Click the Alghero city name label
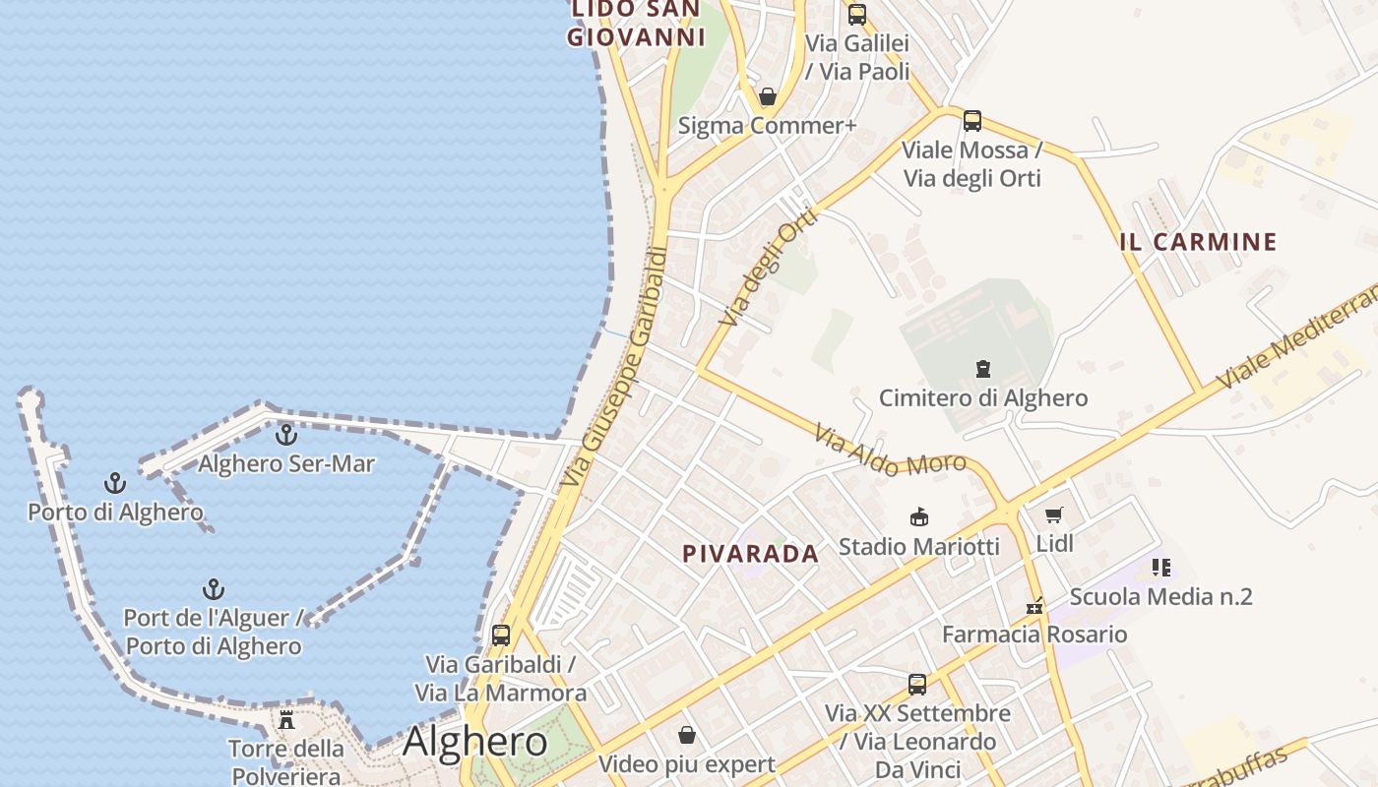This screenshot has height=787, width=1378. [x=474, y=741]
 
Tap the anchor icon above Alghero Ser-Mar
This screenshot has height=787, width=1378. [x=286, y=434]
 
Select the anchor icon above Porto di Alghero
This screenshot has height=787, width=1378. [x=115, y=483]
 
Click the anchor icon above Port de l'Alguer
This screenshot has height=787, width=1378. [x=213, y=589]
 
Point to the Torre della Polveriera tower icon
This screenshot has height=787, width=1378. [x=286, y=720]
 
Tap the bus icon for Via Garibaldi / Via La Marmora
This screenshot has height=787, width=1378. [x=501, y=636]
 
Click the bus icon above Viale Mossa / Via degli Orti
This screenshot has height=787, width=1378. [x=972, y=121]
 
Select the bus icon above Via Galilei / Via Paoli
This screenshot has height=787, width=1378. [x=857, y=15]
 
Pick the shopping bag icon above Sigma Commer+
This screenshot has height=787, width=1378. [x=768, y=96]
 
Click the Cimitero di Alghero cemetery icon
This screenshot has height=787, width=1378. [x=982, y=369]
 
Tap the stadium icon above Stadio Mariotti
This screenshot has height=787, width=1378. [x=919, y=517]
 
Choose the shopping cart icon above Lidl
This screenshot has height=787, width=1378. [x=1054, y=515]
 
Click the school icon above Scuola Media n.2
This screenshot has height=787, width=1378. [x=1161, y=568]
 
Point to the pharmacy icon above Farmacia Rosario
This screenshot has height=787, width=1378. [x=1034, y=606]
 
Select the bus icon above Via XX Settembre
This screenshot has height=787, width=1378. [x=917, y=685]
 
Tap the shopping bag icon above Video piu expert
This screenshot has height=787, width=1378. [x=687, y=735]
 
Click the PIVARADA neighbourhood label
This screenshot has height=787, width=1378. [x=751, y=554]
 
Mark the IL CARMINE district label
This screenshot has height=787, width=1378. [x=1198, y=242]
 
